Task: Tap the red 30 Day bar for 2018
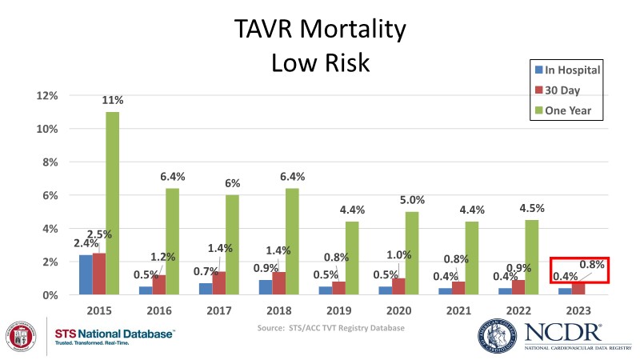coord(279,283)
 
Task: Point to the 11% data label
coord(113,101)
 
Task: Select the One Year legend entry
coord(566,110)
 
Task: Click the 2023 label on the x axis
coord(578,309)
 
